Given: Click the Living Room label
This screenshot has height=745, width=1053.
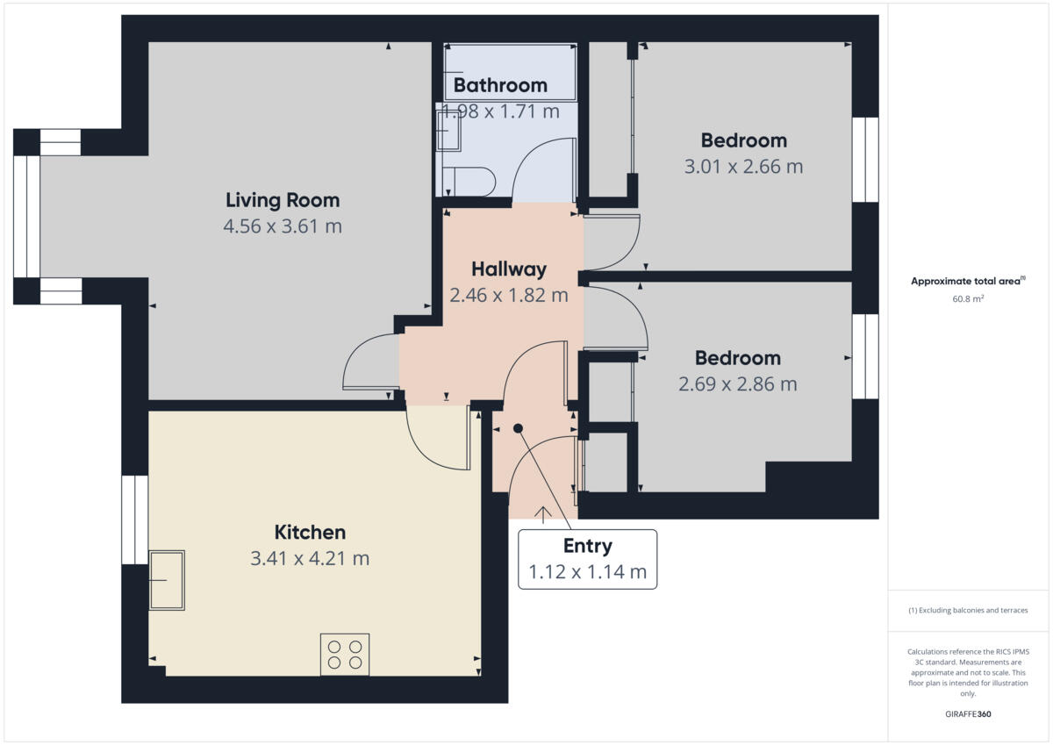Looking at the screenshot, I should (x=282, y=200).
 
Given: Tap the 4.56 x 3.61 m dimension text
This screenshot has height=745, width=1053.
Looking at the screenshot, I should (x=282, y=226).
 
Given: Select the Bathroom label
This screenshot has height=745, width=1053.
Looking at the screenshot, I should (x=500, y=85).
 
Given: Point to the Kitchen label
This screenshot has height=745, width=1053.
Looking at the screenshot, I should (x=310, y=532).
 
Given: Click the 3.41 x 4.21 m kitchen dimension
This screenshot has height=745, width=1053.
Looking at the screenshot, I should (x=310, y=558).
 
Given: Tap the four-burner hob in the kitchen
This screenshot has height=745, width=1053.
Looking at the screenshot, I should (x=345, y=654).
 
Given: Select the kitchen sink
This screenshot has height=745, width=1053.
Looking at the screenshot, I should (x=167, y=580).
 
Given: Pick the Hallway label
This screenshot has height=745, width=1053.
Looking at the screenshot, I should (x=509, y=269).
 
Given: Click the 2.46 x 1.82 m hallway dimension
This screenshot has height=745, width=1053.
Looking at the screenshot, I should (x=509, y=296).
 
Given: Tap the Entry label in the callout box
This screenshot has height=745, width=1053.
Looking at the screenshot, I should (x=587, y=546).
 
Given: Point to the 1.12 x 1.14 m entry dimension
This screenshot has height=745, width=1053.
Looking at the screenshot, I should (x=587, y=573).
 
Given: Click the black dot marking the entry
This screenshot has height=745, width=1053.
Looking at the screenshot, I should (x=518, y=428).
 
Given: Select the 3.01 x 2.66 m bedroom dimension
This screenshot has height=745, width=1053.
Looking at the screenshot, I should (x=743, y=166).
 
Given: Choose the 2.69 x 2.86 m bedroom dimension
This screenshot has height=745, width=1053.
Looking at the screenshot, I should (x=737, y=384).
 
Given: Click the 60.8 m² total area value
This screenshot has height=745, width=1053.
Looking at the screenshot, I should (x=968, y=298).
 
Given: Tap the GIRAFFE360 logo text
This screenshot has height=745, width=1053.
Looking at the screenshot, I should (x=968, y=714).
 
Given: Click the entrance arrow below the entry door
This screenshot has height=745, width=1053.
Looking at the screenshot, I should (x=542, y=515).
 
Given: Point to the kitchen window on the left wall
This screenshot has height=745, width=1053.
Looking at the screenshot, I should (x=134, y=519).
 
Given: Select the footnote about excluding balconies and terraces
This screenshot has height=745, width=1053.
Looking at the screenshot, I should (x=968, y=610).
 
